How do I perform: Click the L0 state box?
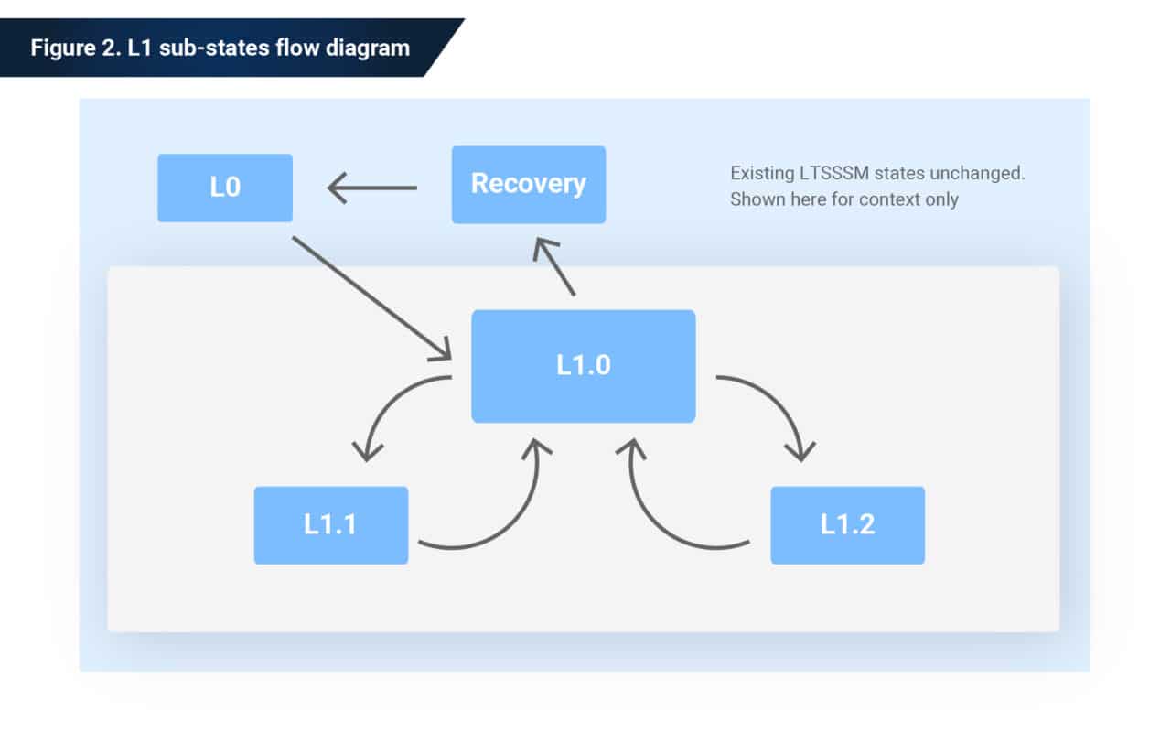tap(225, 188)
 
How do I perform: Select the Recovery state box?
tap(528, 184)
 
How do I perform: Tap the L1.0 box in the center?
tap(583, 366)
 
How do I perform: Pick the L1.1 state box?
tap(330, 525)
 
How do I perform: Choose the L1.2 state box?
tap(847, 525)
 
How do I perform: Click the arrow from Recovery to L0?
tap(371, 189)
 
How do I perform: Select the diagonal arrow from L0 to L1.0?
tap(371, 297)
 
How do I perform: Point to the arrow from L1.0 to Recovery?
tap(555, 266)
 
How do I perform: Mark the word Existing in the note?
tap(757, 173)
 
